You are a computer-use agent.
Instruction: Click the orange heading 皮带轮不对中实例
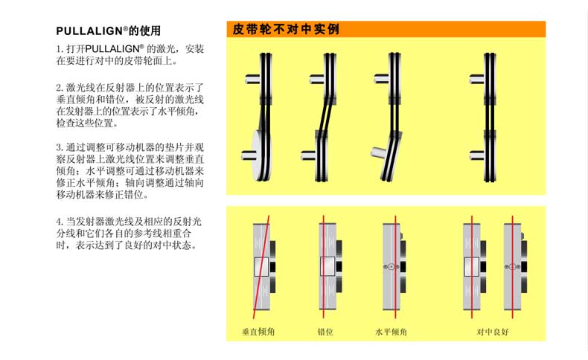point(286,29)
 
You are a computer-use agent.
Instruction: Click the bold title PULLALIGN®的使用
point(109,30)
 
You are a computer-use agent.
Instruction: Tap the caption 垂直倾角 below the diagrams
point(258,332)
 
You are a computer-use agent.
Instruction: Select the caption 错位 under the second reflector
point(325,332)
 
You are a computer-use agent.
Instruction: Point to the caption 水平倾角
point(391,332)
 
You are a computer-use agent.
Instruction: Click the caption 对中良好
point(493,332)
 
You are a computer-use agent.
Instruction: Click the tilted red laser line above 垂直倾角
point(261,267)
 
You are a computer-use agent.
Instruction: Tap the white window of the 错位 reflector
point(327,267)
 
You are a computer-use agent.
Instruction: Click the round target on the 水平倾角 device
point(392,267)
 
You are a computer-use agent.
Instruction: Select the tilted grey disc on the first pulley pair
point(258,155)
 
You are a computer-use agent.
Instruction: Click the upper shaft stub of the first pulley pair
point(252,79)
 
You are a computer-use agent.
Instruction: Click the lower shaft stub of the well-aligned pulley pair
point(476,155)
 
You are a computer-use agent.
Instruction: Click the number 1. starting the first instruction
point(60,49)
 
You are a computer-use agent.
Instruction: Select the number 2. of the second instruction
point(60,88)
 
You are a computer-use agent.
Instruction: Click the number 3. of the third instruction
point(60,147)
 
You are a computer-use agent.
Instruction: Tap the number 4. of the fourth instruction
point(60,222)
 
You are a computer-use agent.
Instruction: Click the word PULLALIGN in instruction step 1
point(112,49)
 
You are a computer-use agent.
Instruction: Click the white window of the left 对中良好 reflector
point(472,267)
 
